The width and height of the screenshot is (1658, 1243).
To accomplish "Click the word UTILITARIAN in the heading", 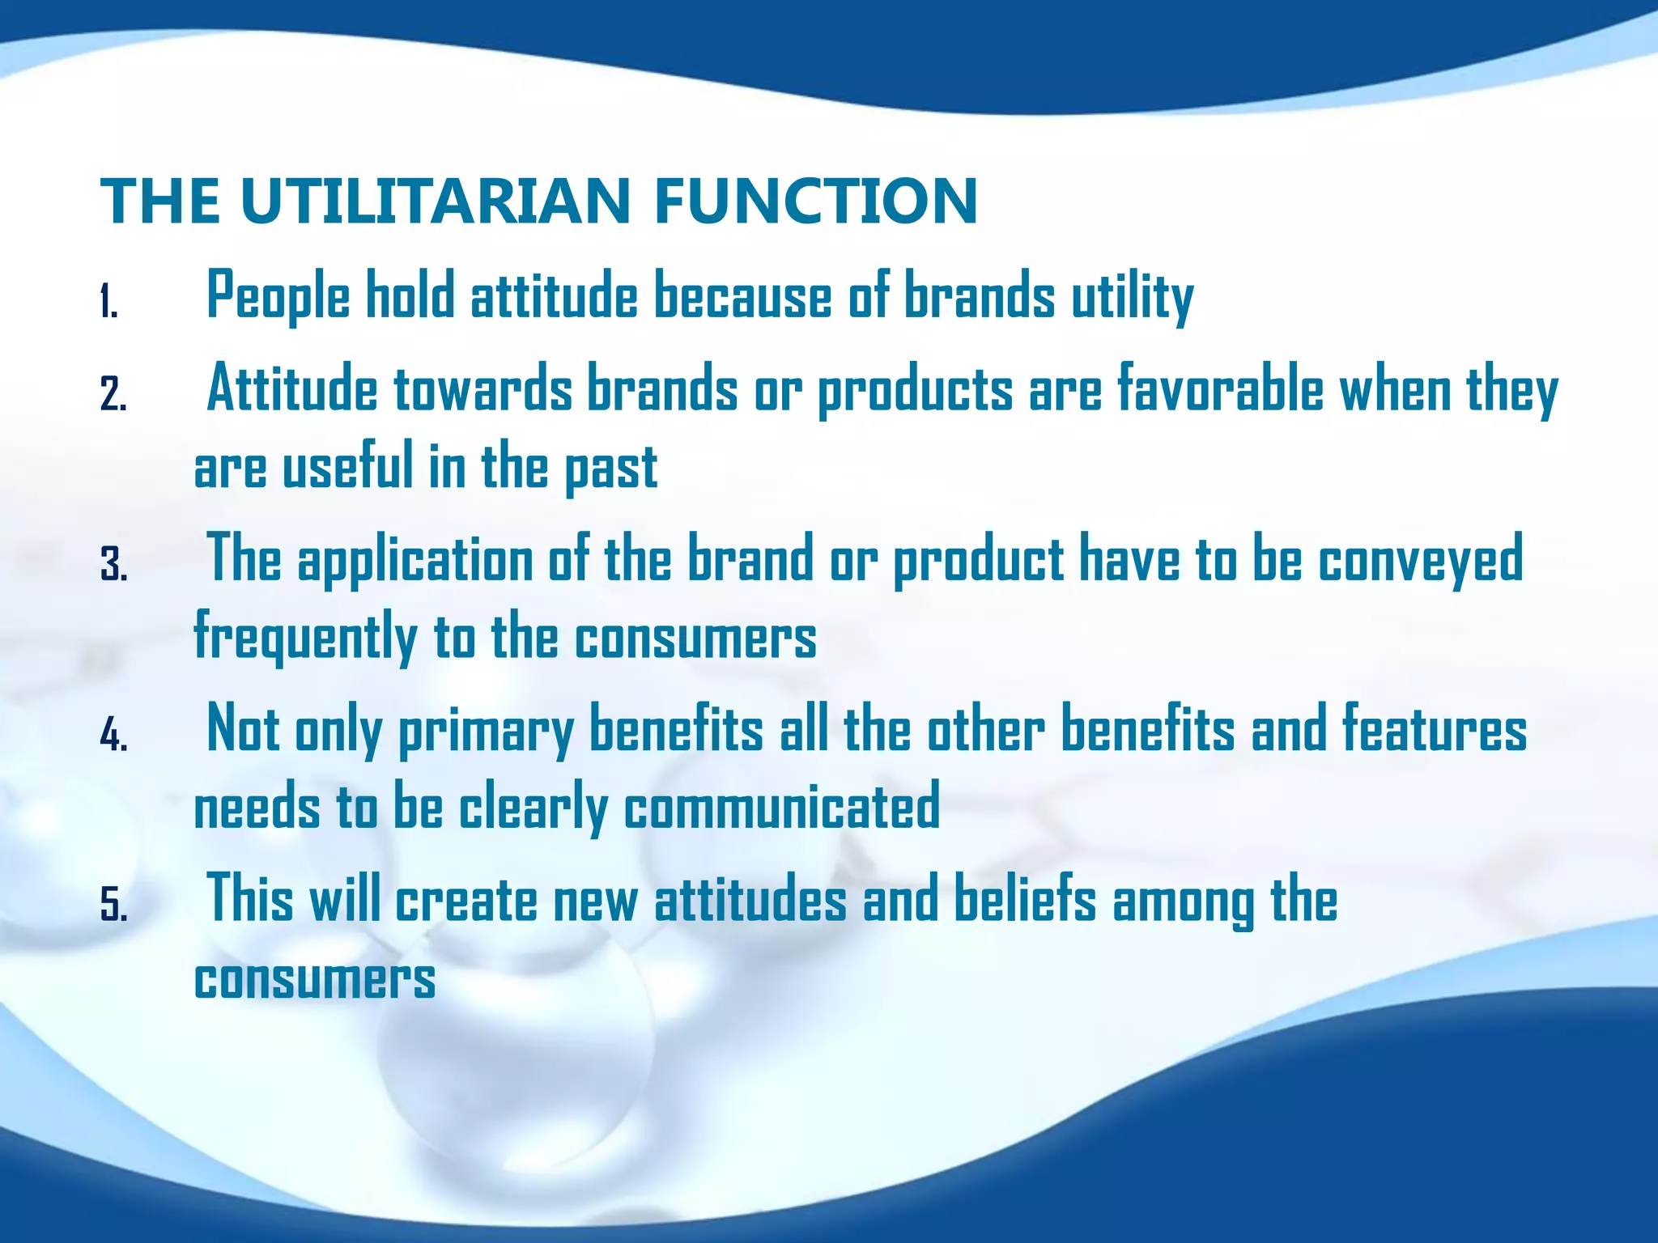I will point(435,201).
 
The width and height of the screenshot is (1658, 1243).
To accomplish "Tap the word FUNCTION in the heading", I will point(816,201).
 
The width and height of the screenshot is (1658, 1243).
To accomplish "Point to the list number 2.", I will point(113,396).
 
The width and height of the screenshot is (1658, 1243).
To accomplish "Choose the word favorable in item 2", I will point(1220,389).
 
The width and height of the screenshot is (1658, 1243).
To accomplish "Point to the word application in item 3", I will point(415,560).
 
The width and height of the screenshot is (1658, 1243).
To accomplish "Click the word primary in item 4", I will point(486,730).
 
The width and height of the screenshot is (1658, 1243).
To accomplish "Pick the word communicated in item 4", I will point(781,807).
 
